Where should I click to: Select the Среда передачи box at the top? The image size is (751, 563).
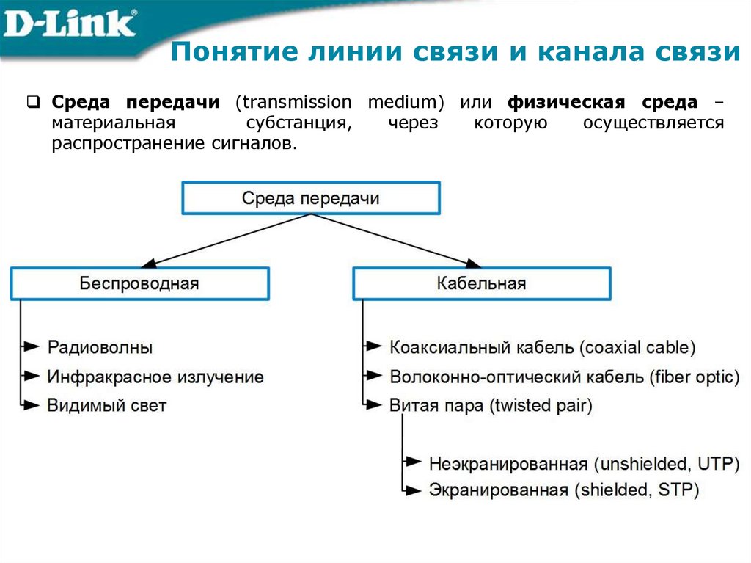[x=311, y=198]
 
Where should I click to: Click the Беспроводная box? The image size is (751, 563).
[x=139, y=283]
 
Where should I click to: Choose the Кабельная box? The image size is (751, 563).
[x=481, y=283]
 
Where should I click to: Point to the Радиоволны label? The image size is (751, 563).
[x=100, y=347]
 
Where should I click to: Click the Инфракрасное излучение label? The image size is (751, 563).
[x=155, y=377]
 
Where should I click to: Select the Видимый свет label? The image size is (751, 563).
[x=107, y=404]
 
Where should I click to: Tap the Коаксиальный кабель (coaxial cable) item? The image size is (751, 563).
[x=543, y=347]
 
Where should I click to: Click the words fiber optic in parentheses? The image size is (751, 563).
[x=694, y=377]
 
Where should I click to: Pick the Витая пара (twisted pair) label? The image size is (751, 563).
[x=491, y=404]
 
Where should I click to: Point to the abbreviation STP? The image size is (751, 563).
[x=679, y=490]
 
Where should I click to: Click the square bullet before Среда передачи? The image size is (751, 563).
[x=33, y=102]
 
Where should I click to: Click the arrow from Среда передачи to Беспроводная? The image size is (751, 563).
[x=227, y=239]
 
